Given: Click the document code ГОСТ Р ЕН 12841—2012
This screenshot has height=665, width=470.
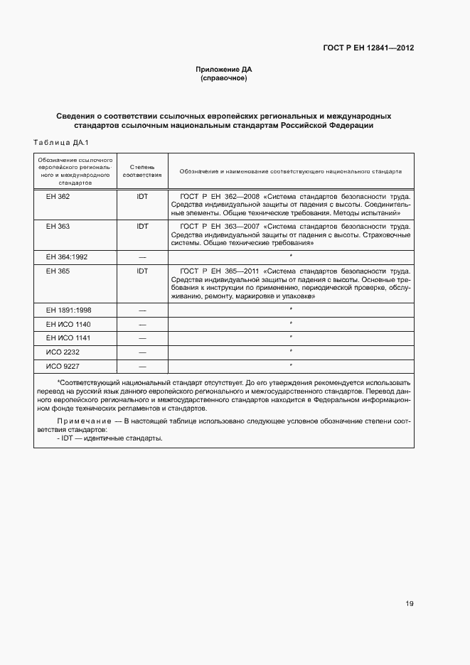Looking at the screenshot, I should pos(369,48).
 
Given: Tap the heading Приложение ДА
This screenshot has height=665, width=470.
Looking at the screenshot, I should pos(224,70).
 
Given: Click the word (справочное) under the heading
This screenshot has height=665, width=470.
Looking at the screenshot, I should pos(224,78).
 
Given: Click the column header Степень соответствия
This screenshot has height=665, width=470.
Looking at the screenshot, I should pos(142,171).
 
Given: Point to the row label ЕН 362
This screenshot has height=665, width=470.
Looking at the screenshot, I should pos(58,195).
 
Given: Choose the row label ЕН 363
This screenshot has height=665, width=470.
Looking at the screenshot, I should pos(58,226).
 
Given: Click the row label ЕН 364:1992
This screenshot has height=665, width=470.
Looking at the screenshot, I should pos(66,256).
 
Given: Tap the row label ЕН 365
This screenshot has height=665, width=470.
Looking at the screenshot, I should pos(58,271).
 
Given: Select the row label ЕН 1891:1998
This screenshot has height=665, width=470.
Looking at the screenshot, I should pos(68,310).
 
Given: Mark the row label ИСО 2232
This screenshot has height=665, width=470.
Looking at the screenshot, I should pos(62,352).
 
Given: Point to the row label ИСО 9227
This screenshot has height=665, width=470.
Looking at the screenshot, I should pos(62,366).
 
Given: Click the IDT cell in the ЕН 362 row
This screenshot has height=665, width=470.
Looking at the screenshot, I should pos(142,195).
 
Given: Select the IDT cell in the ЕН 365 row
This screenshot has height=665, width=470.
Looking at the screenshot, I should pos(142,271).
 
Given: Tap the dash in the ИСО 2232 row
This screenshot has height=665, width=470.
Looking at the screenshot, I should pos(142,352).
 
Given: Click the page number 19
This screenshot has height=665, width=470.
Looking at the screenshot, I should pos(410,604).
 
